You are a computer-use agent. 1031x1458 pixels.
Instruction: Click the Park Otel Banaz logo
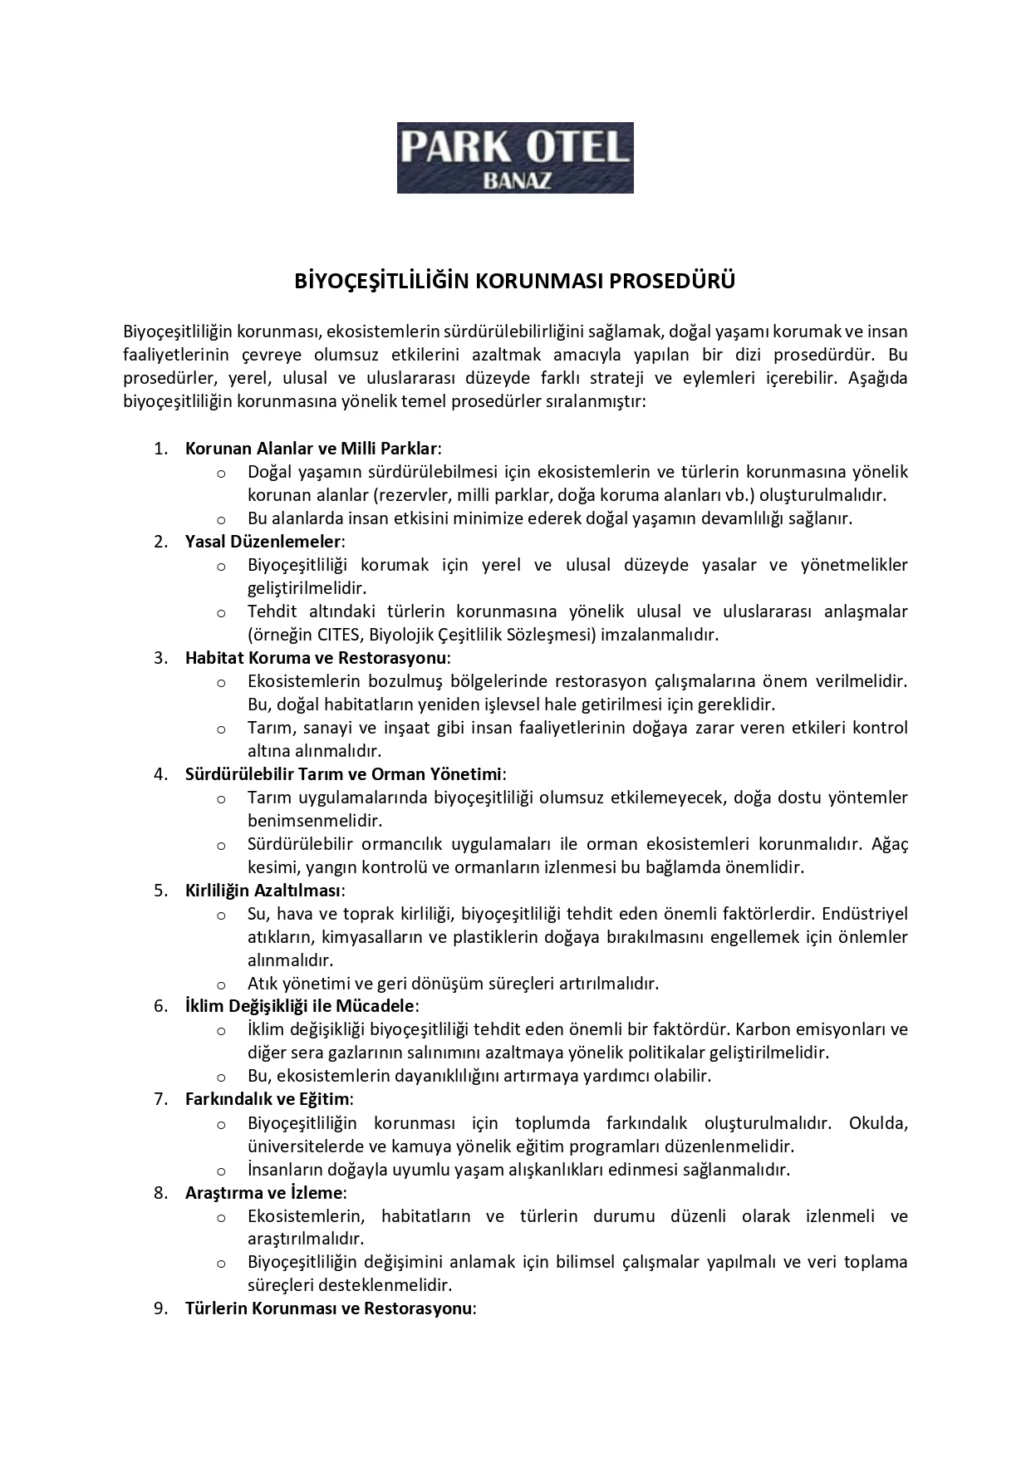[x=515, y=158]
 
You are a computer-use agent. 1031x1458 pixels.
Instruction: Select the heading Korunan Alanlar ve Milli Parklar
[x=312, y=449]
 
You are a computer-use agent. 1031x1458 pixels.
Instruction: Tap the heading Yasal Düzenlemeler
[x=263, y=542]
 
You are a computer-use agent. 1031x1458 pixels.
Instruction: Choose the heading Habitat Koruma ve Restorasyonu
[x=316, y=658]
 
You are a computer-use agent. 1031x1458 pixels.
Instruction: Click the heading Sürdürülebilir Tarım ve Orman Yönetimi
[x=344, y=774]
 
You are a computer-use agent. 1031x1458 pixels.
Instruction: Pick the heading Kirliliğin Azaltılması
[x=263, y=891]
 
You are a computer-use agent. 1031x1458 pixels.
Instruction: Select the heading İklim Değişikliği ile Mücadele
[x=299, y=1006]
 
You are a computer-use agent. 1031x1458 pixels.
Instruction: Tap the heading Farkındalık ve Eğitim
[x=267, y=1099]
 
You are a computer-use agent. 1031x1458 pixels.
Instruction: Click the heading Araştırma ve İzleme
[x=263, y=1192]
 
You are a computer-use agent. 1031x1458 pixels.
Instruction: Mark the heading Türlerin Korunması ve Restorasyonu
[x=328, y=1308]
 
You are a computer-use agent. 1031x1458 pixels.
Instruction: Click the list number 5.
[x=160, y=891]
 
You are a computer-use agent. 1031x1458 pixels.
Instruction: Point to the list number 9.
[x=160, y=1308]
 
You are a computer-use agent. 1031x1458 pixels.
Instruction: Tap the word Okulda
[x=878, y=1123]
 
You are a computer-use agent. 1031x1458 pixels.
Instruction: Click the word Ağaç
[x=890, y=844]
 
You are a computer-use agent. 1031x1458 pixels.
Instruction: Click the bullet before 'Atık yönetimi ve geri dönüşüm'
[x=221, y=984]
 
